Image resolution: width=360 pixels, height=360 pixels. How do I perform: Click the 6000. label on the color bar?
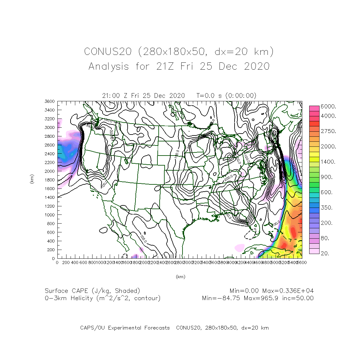coord(328,107)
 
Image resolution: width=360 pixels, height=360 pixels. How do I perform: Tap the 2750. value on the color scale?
coord(328,131)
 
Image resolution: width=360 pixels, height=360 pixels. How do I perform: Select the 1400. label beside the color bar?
coord(328,162)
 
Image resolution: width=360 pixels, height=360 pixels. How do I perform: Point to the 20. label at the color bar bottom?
coord(325,253)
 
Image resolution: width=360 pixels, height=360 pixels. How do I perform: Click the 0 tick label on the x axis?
coord(57,262)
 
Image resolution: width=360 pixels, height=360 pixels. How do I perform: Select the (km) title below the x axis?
coord(180,277)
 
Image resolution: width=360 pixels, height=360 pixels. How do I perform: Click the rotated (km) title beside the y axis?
coord(32,179)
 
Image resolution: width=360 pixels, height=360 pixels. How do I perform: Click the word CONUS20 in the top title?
coord(108,51)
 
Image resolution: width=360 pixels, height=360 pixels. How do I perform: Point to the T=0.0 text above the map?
coord(205,96)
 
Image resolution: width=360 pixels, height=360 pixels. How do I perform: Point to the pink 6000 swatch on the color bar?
coord(314,108)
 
